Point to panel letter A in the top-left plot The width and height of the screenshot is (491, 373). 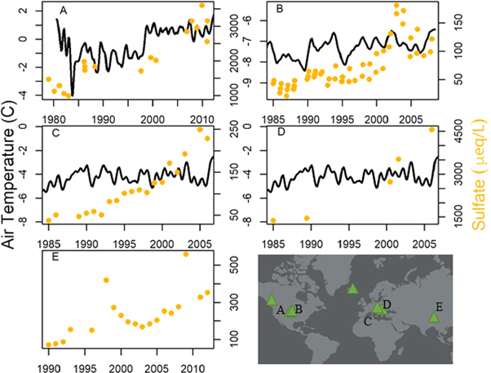point(63,10)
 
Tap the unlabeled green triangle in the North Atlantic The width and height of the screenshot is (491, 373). point(352,288)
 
